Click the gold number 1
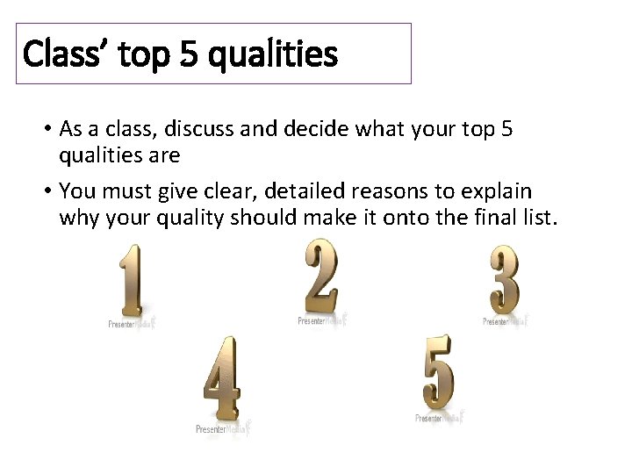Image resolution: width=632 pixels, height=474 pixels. [x=132, y=281]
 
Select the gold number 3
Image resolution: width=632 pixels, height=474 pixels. [x=505, y=279]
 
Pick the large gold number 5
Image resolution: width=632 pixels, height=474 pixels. [x=438, y=371]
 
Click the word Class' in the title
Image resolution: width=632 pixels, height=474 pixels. [x=57, y=54]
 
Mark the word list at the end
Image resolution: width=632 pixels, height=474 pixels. [x=537, y=218]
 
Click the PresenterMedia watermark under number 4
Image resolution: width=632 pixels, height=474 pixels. [x=219, y=428]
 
